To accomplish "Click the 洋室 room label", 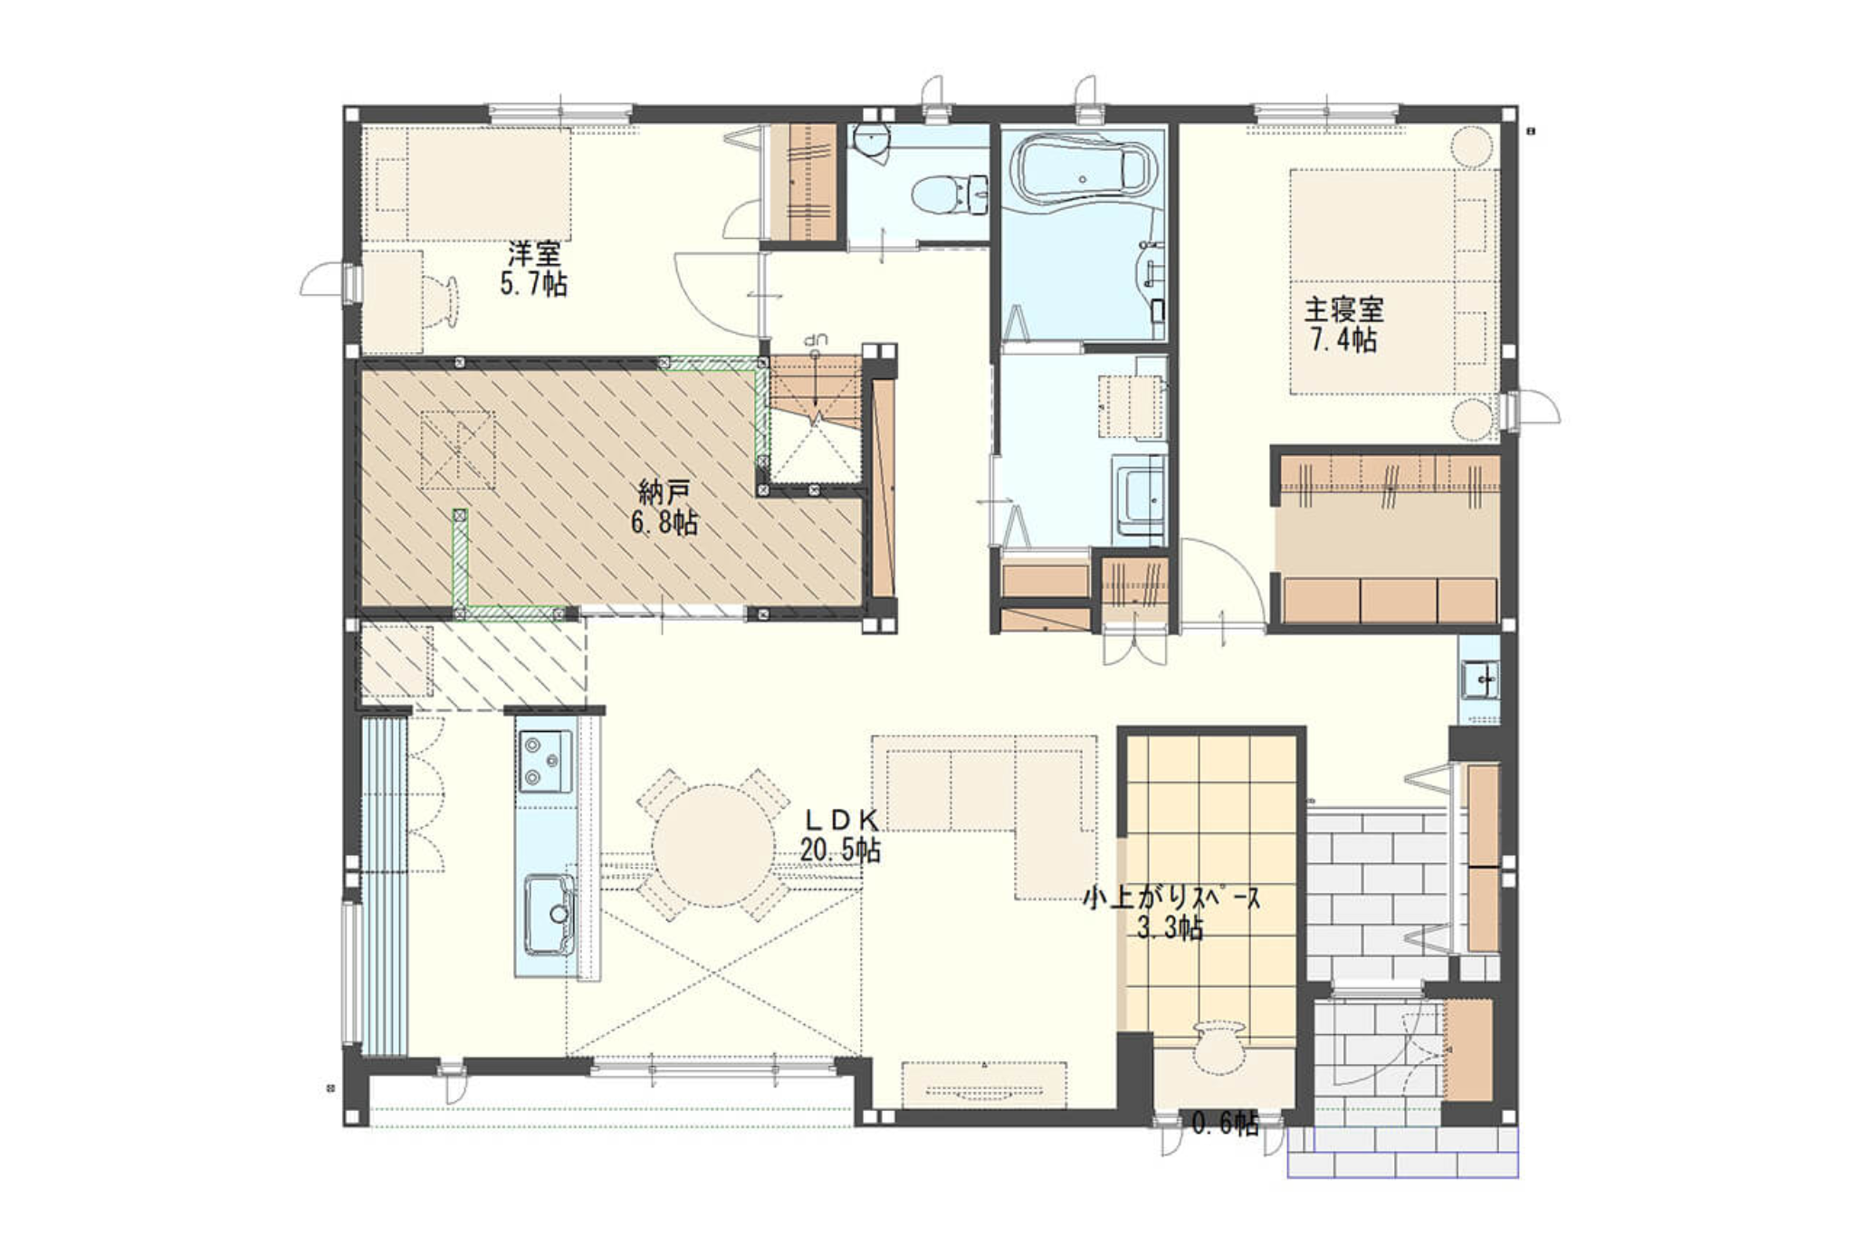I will pos(534,253).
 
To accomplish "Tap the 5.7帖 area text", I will pos(534,284).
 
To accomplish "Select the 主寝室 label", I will pos(1343,310).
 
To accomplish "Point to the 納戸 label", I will pos(664,493).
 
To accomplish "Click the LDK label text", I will pos(842,820).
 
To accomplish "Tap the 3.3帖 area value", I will pos(1171,929).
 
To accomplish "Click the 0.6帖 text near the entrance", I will pos(1225,1124).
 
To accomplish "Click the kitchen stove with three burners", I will pos(545,760).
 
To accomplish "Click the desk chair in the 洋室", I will pos(443,300).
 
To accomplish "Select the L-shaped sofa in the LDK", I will pos(987,796).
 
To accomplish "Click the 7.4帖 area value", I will pos(1343,341).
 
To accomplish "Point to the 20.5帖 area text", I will pos(840,850).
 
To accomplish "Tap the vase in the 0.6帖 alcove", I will pos(1218,1046).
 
